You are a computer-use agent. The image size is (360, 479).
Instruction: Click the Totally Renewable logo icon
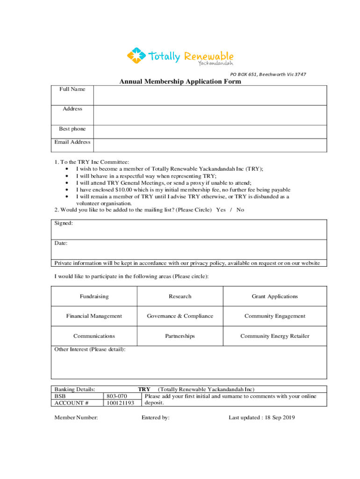tap(136, 56)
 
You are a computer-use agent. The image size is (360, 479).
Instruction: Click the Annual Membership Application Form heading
tap(180, 82)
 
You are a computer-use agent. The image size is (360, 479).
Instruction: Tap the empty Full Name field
tap(210, 95)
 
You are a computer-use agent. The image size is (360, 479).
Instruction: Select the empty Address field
tap(210, 115)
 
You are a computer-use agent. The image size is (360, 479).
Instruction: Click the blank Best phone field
tap(210, 131)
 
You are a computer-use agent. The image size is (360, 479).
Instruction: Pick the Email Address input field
tap(210, 145)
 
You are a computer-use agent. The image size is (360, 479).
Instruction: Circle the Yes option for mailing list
tap(221, 210)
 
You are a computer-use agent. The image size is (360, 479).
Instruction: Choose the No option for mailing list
tap(240, 210)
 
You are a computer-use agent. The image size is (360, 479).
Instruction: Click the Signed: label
tap(64, 224)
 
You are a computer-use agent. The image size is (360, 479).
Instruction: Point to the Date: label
tap(61, 243)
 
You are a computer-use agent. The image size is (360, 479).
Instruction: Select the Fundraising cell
tap(94, 297)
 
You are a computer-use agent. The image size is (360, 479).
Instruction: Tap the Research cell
tap(180, 297)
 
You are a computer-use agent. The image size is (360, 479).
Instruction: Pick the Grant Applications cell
tap(275, 297)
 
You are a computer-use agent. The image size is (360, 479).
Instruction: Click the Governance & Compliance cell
tap(180, 316)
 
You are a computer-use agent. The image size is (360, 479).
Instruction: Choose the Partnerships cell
tap(180, 336)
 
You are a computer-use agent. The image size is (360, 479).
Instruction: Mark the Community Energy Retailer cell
tap(275, 336)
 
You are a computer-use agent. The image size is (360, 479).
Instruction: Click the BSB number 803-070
tap(117, 396)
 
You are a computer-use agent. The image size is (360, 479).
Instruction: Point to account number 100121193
tap(120, 403)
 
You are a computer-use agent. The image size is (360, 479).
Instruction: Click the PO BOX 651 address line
tap(268, 74)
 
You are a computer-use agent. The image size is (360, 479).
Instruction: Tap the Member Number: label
tap(76, 418)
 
